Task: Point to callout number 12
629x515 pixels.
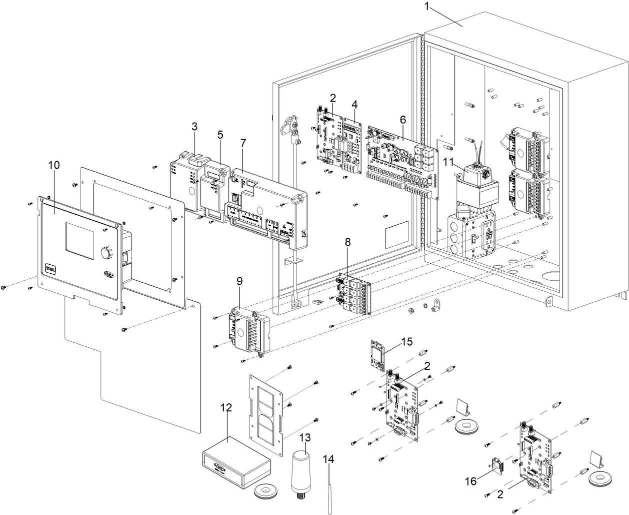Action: click(x=226, y=407)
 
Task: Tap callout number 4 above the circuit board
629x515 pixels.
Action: click(x=354, y=105)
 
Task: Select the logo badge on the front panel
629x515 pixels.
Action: click(x=51, y=268)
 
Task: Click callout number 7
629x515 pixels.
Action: click(x=243, y=143)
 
